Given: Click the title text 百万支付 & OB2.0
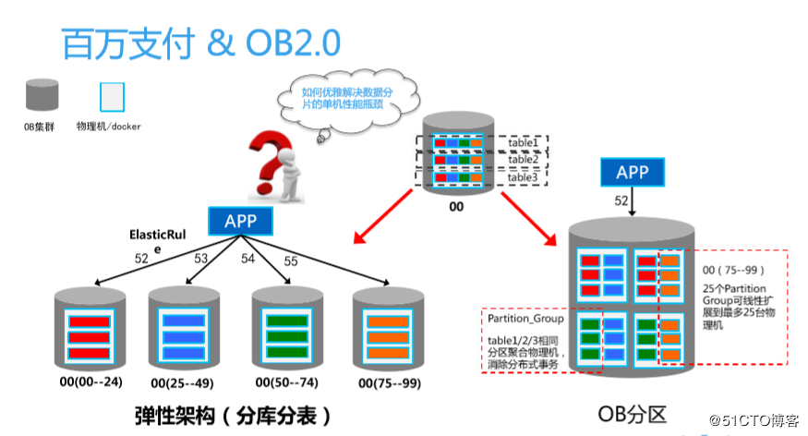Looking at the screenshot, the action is pyautogui.click(x=201, y=43).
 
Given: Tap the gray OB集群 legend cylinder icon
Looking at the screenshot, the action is pyautogui.click(x=42, y=94).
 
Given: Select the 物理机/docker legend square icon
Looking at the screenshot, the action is pyautogui.click(x=112, y=97).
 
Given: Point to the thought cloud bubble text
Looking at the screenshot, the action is pyautogui.click(x=346, y=98).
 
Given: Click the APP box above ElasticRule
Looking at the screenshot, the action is pyautogui.click(x=241, y=221).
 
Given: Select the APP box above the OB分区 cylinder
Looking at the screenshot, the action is pyautogui.click(x=633, y=172).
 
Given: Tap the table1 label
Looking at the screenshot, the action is pyautogui.click(x=523, y=142).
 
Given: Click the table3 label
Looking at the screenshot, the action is pyautogui.click(x=523, y=177).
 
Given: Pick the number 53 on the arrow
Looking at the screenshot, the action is pyautogui.click(x=201, y=259).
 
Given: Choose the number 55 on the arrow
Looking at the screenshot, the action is pyautogui.click(x=291, y=261).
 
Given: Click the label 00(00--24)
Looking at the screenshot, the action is pyautogui.click(x=91, y=381).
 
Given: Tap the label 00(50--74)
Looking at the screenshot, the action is pyautogui.click(x=287, y=382).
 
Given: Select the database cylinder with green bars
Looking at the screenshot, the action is pyautogui.click(x=287, y=328).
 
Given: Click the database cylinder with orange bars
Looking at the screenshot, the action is pyautogui.click(x=388, y=330).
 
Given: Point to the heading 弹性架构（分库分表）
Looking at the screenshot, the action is pyautogui.click(x=233, y=416).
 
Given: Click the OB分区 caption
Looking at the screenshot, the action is pyautogui.click(x=633, y=415).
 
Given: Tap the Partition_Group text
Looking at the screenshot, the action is pyautogui.click(x=525, y=319).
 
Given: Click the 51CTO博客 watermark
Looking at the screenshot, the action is pyautogui.click(x=754, y=420).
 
